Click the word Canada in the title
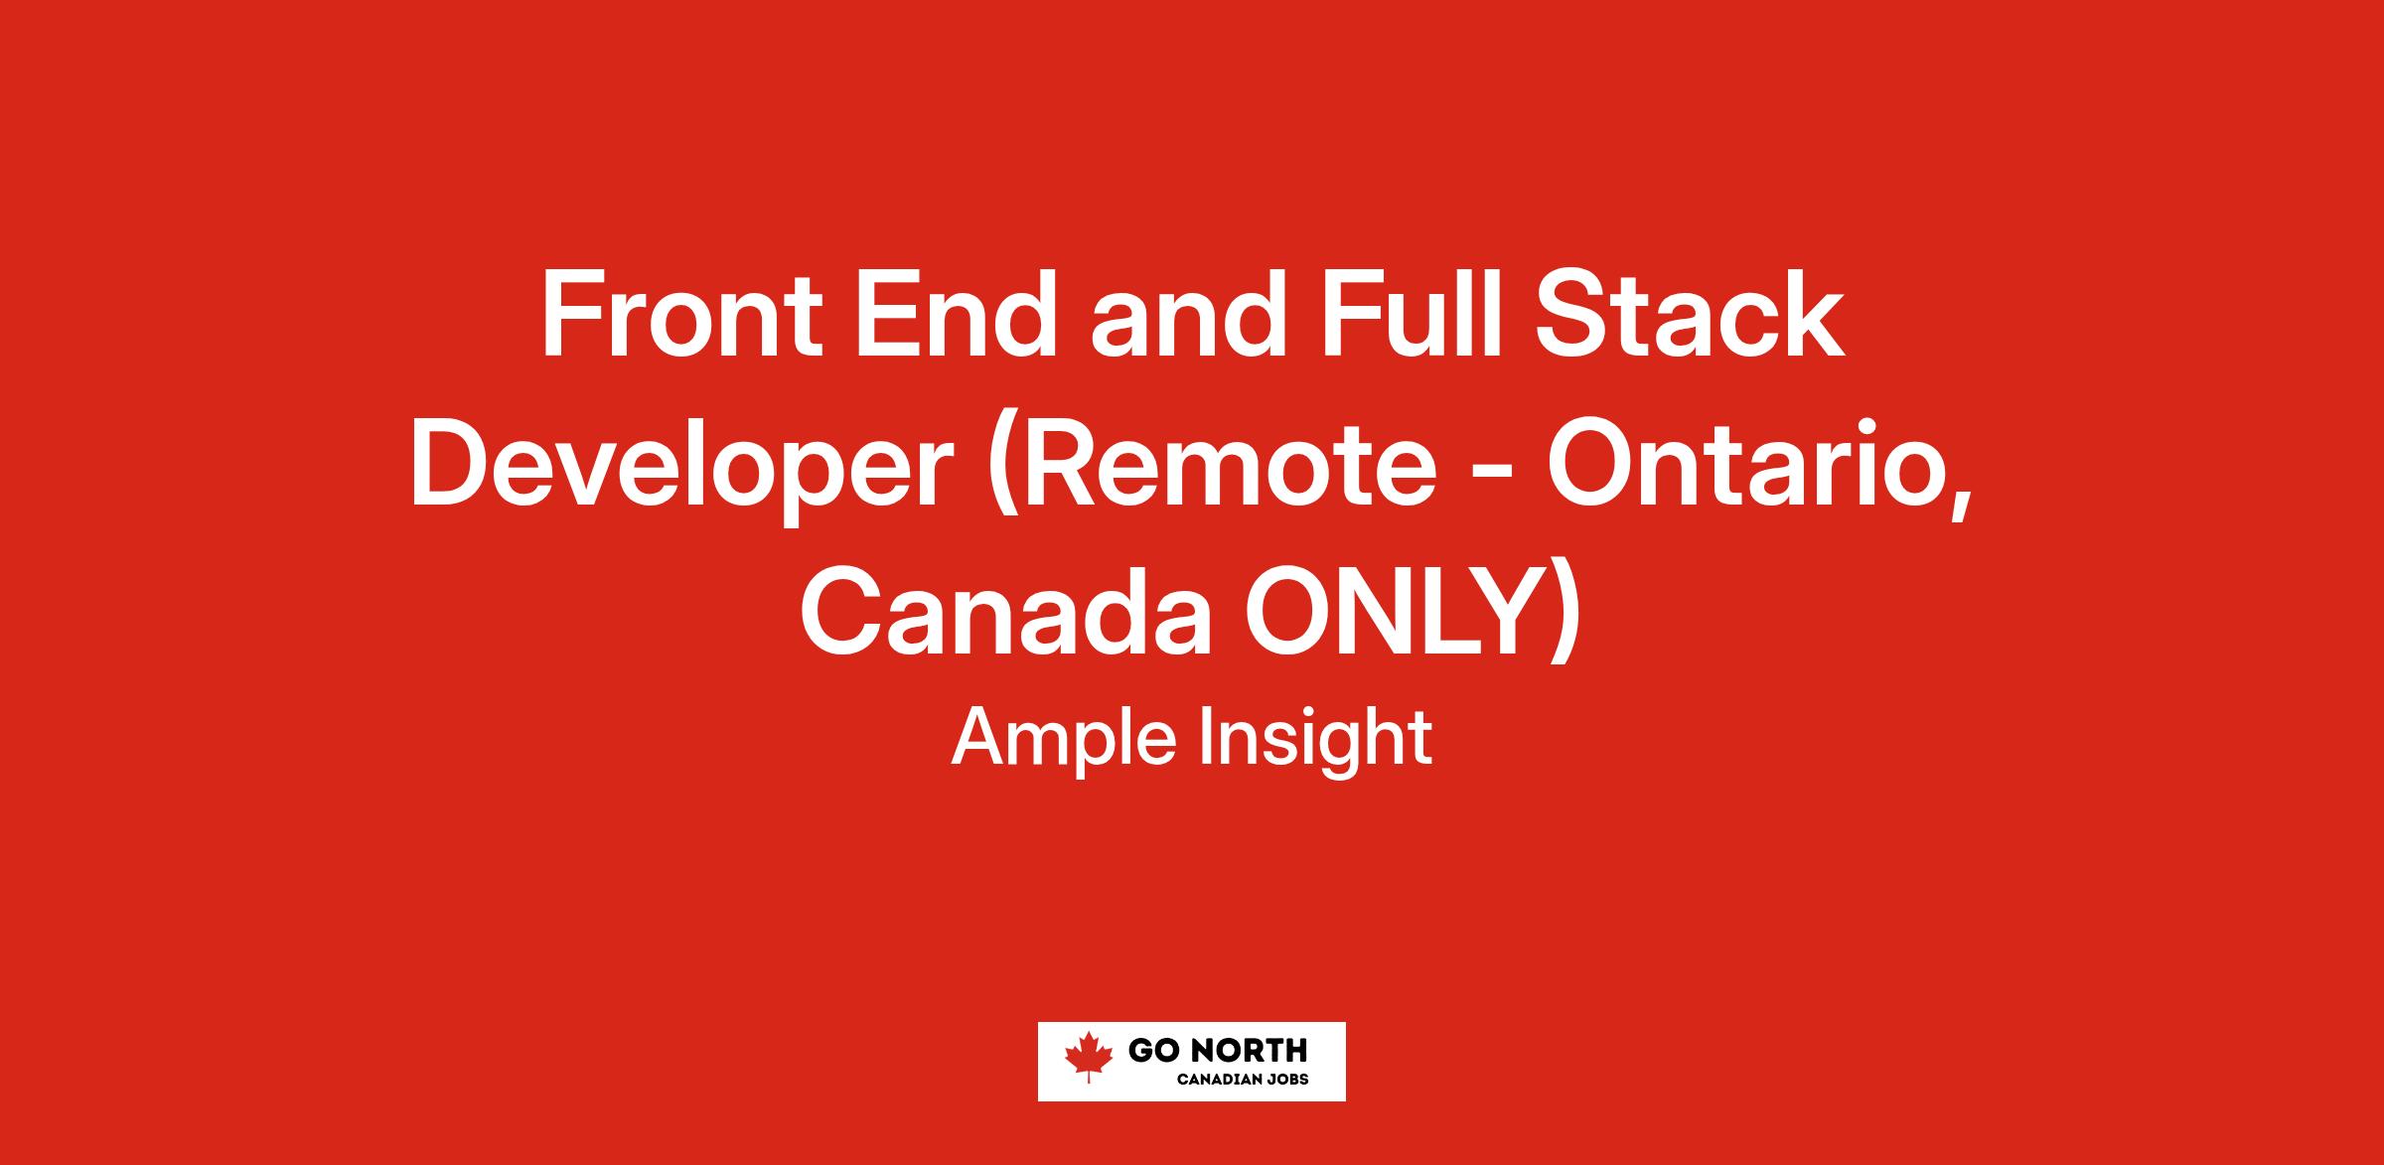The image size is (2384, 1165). [1006, 615]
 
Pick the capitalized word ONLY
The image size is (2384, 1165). [1391, 615]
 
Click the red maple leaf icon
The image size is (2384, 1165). [1089, 1057]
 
